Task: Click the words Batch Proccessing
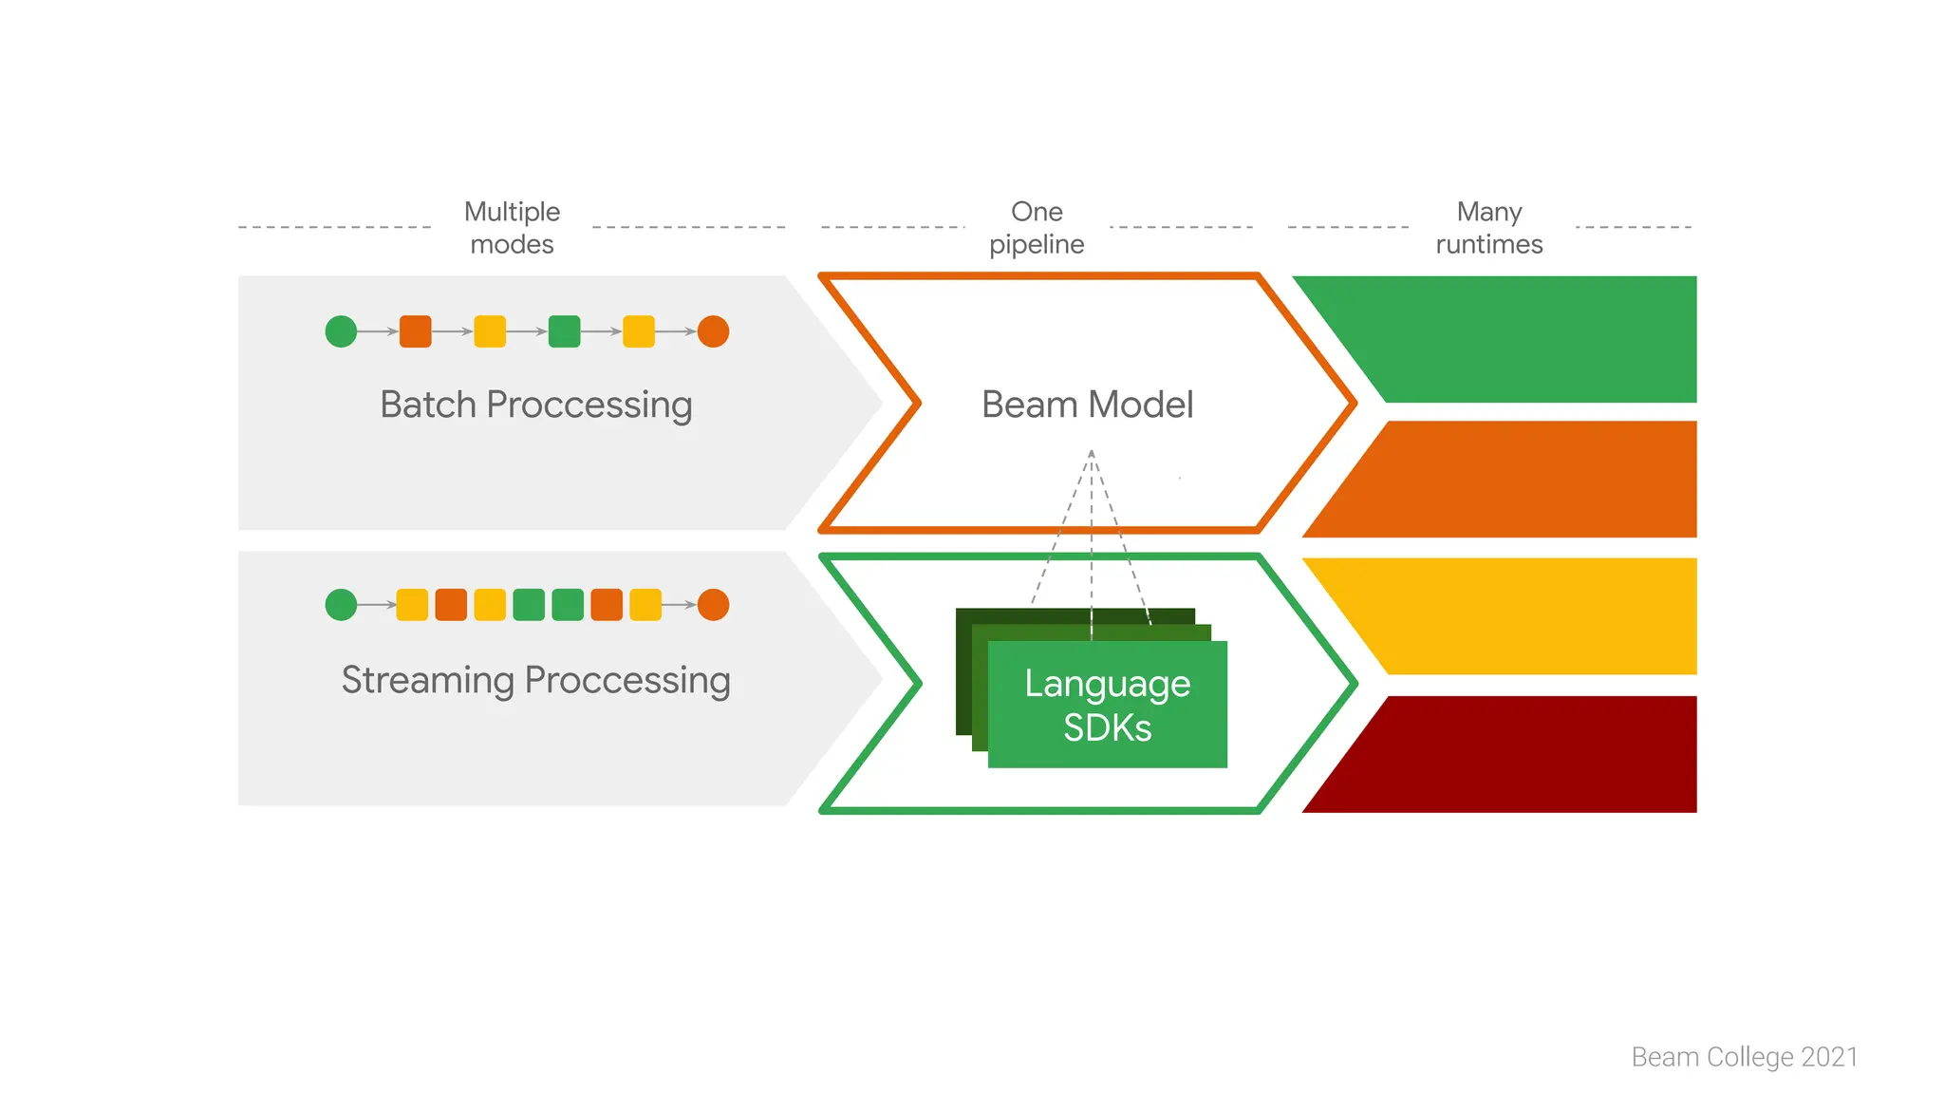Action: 536,405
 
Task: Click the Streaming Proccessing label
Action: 536,680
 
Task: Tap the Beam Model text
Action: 1088,405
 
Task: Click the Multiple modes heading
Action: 512,228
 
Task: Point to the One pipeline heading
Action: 1037,228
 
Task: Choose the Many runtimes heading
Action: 1489,228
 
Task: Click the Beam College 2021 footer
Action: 1745,1057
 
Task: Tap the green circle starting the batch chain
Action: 341,331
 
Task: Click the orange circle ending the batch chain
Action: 713,331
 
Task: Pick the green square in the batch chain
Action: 564,331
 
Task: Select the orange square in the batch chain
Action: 416,331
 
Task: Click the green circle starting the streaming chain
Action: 341,605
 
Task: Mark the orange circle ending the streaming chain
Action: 713,605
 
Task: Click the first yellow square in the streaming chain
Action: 412,605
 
